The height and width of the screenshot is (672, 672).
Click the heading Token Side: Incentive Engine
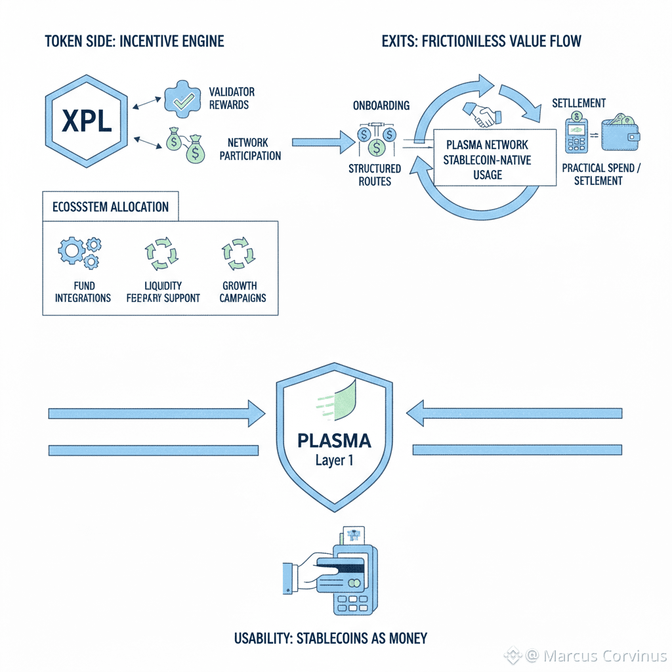pyautogui.click(x=135, y=41)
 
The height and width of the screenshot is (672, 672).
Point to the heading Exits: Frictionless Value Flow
pyautogui.click(x=481, y=41)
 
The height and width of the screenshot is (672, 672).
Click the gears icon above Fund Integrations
pyautogui.click(x=80, y=253)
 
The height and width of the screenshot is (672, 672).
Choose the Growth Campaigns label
pyautogui.click(x=240, y=292)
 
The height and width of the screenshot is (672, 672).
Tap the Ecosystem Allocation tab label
pyautogui.click(x=110, y=207)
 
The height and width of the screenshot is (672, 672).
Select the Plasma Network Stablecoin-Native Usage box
pyautogui.click(x=486, y=159)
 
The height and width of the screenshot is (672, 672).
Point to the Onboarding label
pyautogui.click(x=381, y=106)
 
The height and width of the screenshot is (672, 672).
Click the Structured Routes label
pyautogui.click(x=375, y=175)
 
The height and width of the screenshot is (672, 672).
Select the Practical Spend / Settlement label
pyautogui.click(x=601, y=174)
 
